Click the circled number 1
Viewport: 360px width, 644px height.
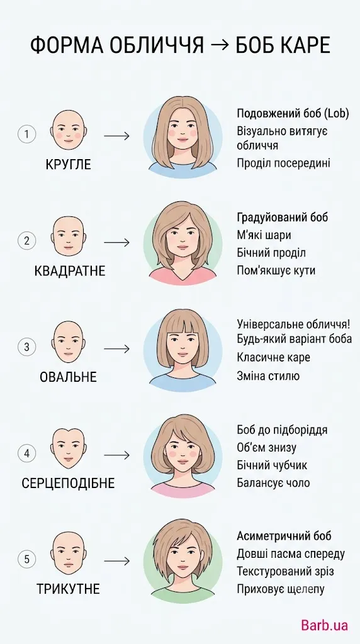[x=26, y=135]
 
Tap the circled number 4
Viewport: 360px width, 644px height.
[x=26, y=453]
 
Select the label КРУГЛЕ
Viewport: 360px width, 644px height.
[x=68, y=165]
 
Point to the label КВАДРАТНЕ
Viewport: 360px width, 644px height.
[x=70, y=271]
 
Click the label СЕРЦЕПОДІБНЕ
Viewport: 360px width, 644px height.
[x=68, y=483]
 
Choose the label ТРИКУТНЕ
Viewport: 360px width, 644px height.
[x=68, y=589]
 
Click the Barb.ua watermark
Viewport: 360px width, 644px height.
[x=324, y=625]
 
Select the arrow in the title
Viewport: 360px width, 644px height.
[x=220, y=46]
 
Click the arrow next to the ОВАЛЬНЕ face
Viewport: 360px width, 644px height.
[x=116, y=349]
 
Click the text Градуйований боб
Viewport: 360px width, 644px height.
[x=283, y=217]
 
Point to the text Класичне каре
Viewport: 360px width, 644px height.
[x=273, y=358]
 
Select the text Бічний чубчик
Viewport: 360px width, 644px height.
[x=272, y=465]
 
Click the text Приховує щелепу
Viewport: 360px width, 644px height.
[x=281, y=589]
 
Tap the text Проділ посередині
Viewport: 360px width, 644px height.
[x=284, y=163]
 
